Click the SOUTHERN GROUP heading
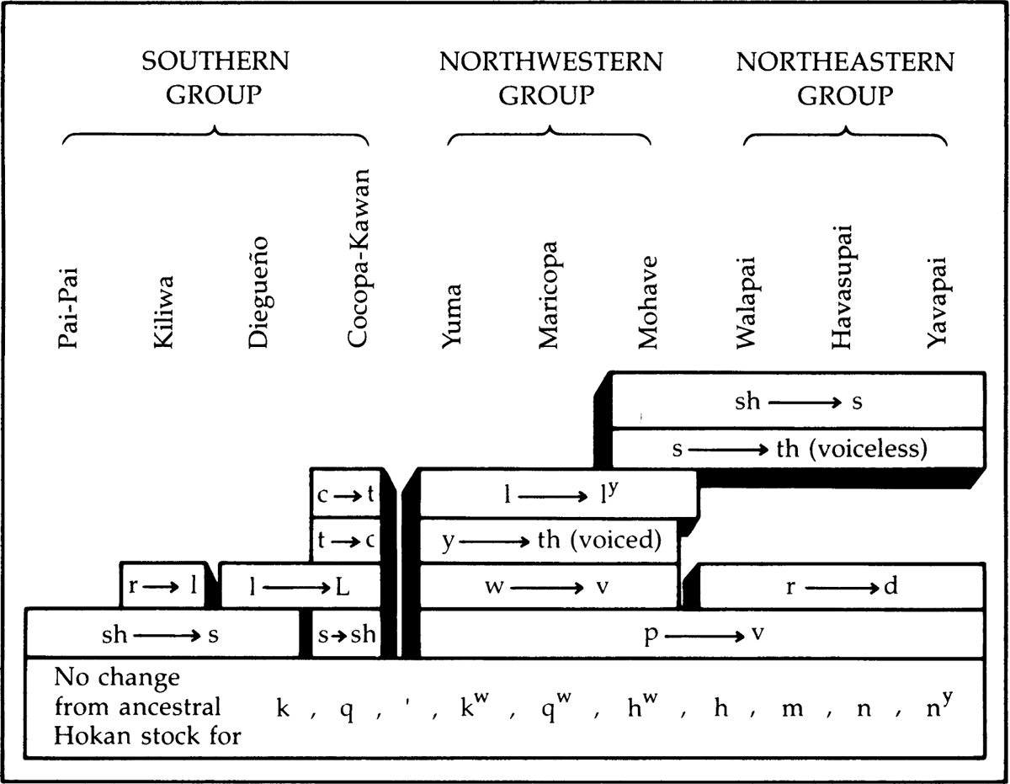pos(215,78)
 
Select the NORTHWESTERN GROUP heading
pos(550,78)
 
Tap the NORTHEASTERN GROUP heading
pos(845,78)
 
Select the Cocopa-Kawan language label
pos(358,258)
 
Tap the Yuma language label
pos(452,317)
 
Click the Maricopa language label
pos(549,295)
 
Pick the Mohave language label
pos(646,302)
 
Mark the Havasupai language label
pos(841,286)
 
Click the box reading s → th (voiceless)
pos(798,448)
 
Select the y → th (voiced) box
pos(549,541)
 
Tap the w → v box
pos(549,587)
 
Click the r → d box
pos(842,587)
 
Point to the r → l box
pos(163,584)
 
